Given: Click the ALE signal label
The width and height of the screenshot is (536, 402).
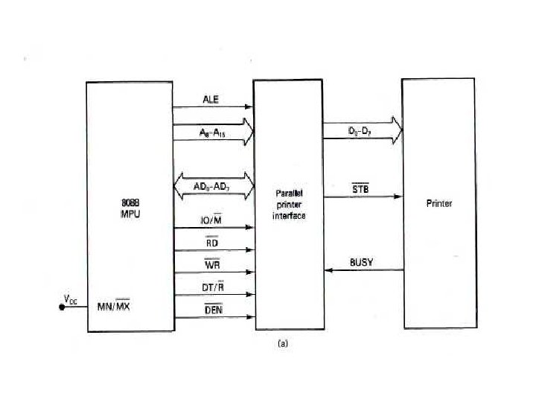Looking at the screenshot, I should (x=211, y=98).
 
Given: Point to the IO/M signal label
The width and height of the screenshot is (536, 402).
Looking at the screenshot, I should (x=211, y=220).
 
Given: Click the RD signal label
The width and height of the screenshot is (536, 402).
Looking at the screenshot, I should (x=211, y=242).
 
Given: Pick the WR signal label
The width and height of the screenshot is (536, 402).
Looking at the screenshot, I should (x=211, y=264).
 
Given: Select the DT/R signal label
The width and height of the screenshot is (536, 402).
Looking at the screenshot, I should (x=211, y=287).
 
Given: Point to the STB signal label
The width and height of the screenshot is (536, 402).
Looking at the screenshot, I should (x=360, y=189).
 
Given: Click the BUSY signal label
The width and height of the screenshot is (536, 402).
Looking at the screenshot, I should (x=362, y=262).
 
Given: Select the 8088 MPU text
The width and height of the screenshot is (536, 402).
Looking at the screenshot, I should (x=131, y=208).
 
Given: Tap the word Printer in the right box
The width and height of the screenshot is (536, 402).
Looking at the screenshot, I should (x=439, y=203).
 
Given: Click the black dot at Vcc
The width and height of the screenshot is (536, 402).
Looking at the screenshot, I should (x=63, y=306).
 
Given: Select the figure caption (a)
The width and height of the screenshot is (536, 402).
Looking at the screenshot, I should (x=282, y=343).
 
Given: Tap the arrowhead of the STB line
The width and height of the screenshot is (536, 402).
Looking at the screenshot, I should (x=398, y=197).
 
